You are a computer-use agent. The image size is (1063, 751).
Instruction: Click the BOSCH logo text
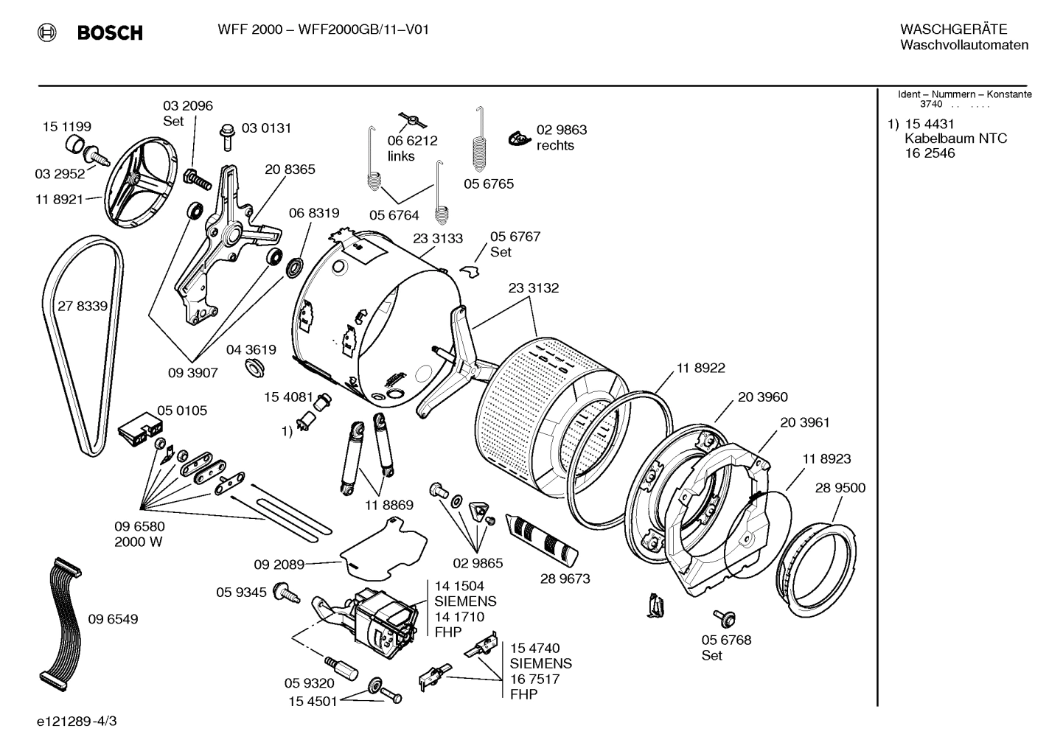109,32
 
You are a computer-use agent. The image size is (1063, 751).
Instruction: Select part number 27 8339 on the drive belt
83,306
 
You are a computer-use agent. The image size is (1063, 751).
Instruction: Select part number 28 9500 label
840,488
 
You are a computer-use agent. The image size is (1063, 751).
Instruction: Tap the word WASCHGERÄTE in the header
953,29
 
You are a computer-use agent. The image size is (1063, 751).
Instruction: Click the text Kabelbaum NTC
955,139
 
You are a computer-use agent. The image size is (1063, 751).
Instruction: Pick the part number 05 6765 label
489,184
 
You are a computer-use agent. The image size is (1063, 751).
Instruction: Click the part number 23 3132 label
533,288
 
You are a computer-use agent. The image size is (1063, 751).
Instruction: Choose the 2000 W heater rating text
139,542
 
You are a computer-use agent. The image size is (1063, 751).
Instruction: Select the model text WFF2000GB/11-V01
363,29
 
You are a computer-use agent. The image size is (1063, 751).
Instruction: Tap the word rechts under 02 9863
555,145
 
